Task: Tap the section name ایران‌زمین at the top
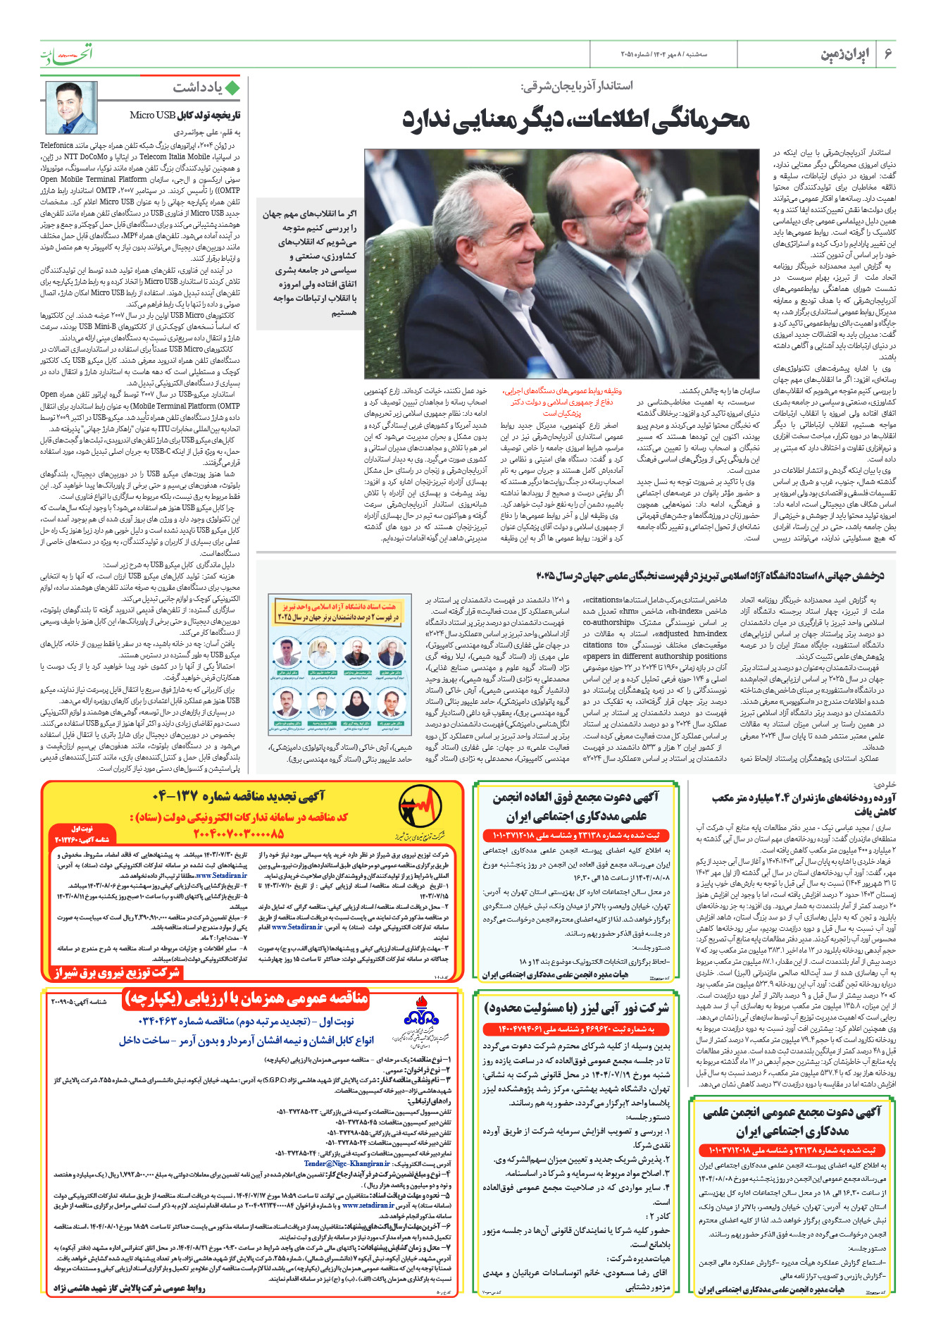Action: point(845,54)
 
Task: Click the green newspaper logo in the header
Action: point(65,54)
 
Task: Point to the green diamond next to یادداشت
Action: point(232,87)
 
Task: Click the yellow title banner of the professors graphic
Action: point(338,611)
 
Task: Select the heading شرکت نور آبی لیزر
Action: point(576,1008)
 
